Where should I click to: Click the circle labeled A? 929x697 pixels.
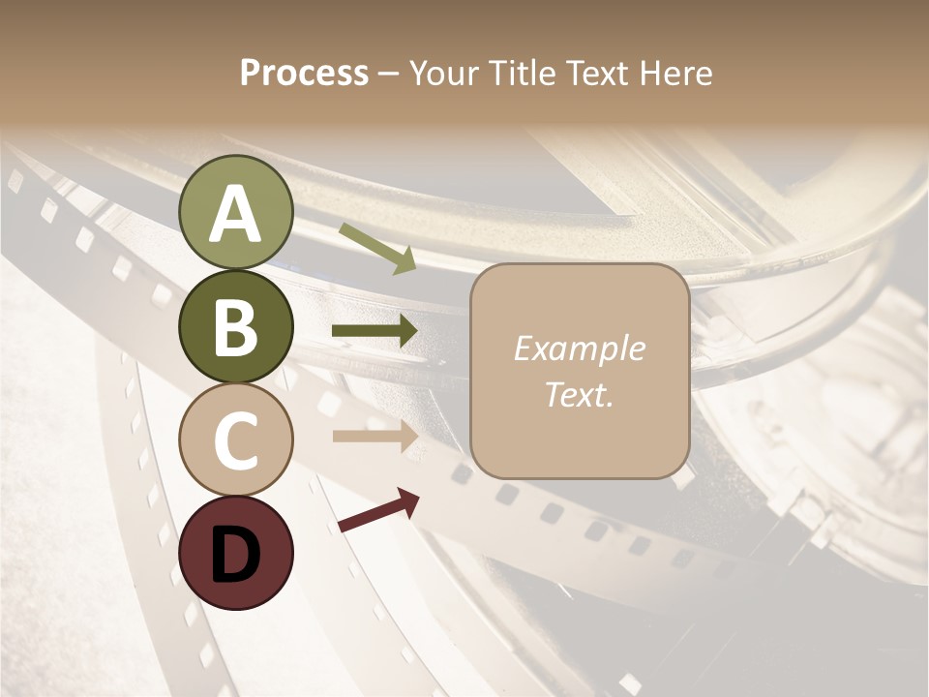[x=236, y=212]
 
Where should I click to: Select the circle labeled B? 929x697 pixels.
[x=236, y=327]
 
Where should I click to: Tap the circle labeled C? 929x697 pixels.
[x=236, y=439]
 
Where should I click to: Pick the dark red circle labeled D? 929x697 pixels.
[x=236, y=553]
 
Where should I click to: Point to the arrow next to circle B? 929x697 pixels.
[x=375, y=331]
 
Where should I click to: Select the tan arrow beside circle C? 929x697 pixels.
[x=375, y=437]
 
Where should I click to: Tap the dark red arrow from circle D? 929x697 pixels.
[x=378, y=510]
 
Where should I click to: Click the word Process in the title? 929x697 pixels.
[x=304, y=73]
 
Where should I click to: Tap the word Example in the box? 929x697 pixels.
[x=579, y=348]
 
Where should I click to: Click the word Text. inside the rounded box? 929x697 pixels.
[x=579, y=394]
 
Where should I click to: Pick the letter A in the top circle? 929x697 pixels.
[x=236, y=214]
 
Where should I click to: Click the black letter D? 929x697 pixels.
[x=236, y=555]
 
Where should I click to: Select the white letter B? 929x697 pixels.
[x=236, y=328]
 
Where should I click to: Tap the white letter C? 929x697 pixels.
[x=236, y=440]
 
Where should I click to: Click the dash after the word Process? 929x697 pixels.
[x=389, y=74]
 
